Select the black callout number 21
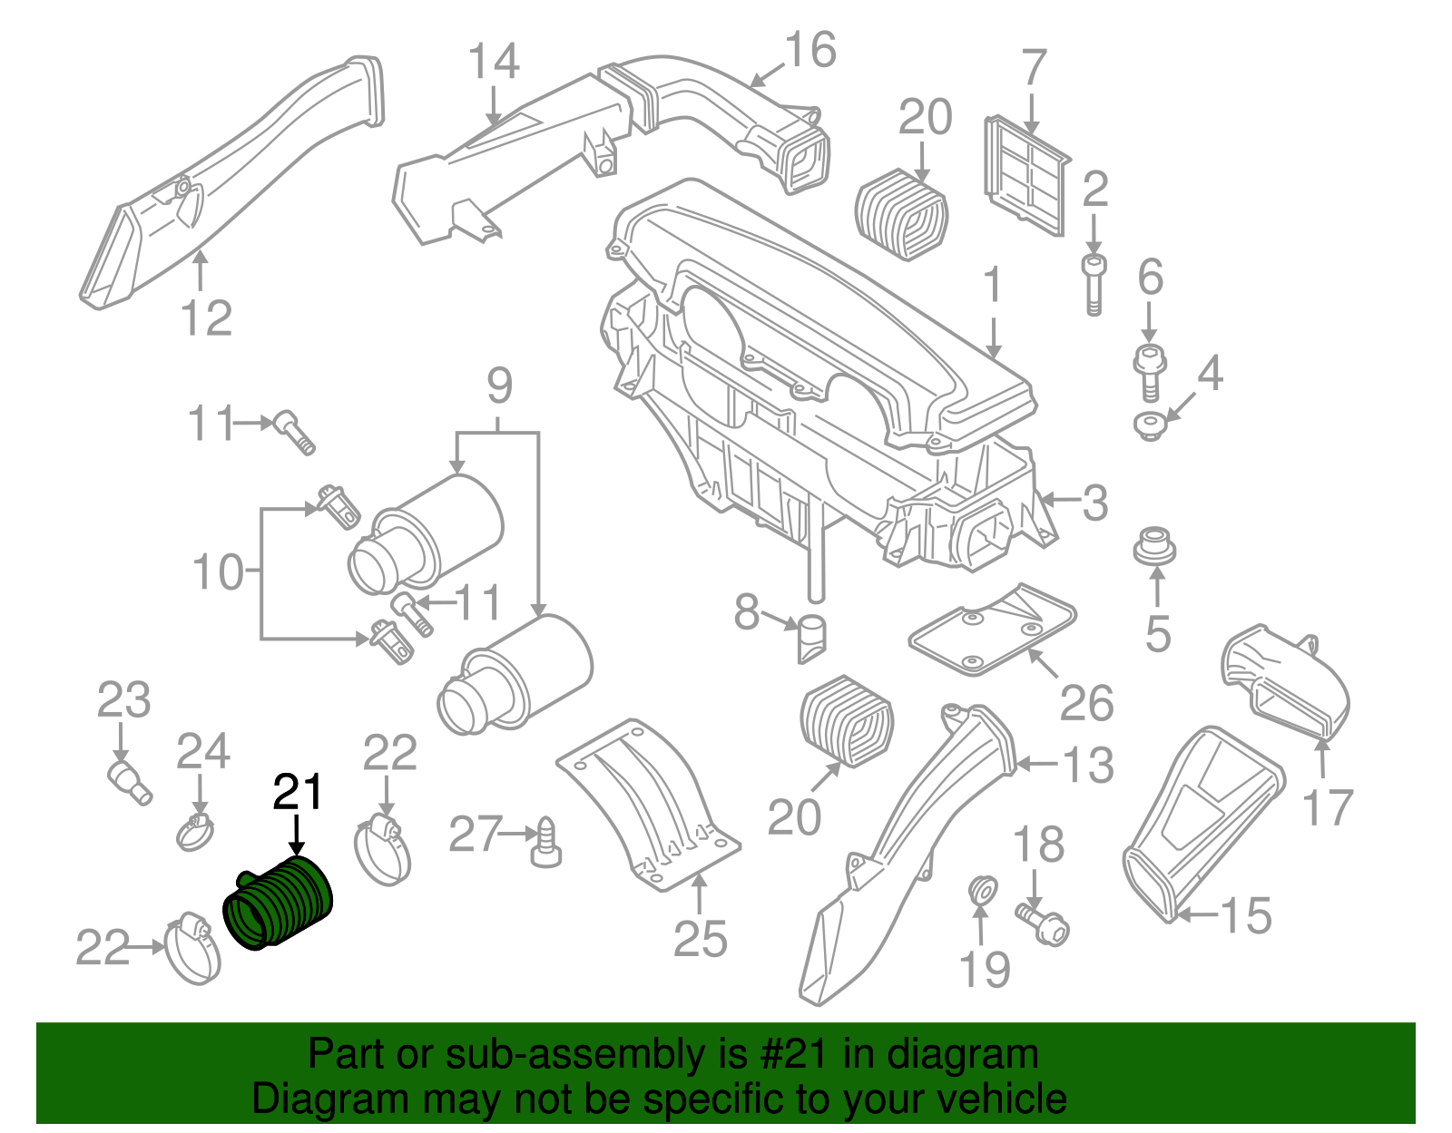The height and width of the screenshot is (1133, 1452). pos(298,792)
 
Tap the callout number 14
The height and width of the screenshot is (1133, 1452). pos(494,62)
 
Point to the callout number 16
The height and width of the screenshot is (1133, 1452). pos(809,51)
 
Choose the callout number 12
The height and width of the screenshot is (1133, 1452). pos(207,317)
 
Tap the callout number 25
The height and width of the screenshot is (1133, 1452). pos(701,938)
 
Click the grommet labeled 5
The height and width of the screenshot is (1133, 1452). pos(1154,548)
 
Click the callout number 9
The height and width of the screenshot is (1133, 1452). pos(499,386)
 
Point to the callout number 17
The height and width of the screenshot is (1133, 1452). pos(1328,807)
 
